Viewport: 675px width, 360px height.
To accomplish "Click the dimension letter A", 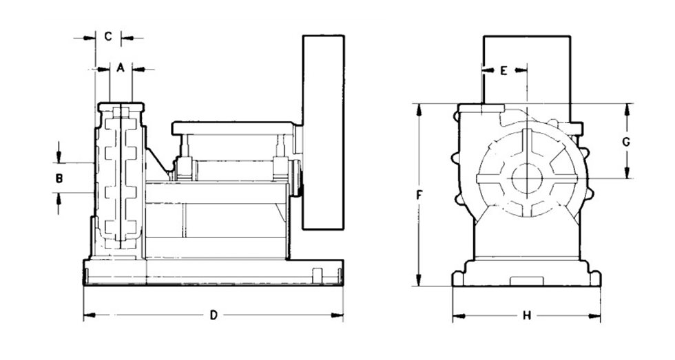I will (x=120, y=68).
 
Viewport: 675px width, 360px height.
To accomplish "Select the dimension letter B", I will (x=59, y=178).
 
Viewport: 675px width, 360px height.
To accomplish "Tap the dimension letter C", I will (x=108, y=36).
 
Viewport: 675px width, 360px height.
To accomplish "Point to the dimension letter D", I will (x=214, y=316).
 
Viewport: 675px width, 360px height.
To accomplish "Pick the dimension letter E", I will (x=503, y=70).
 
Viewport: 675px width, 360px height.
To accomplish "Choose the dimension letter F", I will (x=419, y=195).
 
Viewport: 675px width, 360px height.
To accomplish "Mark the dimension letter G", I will (x=626, y=142).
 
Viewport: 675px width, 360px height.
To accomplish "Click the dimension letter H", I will (x=526, y=316).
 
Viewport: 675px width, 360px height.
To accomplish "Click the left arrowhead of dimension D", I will (x=87, y=316).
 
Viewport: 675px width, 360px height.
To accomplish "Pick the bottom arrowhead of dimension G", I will (x=627, y=174).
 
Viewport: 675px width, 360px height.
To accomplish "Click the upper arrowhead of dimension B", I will (x=59, y=158).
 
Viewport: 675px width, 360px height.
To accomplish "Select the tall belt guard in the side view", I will (x=323, y=131).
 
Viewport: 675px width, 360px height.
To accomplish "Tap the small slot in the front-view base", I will (x=526, y=279).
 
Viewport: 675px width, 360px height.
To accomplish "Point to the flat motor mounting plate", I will (x=234, y=127).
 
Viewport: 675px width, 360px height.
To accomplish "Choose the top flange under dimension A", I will (x=121, y=107).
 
